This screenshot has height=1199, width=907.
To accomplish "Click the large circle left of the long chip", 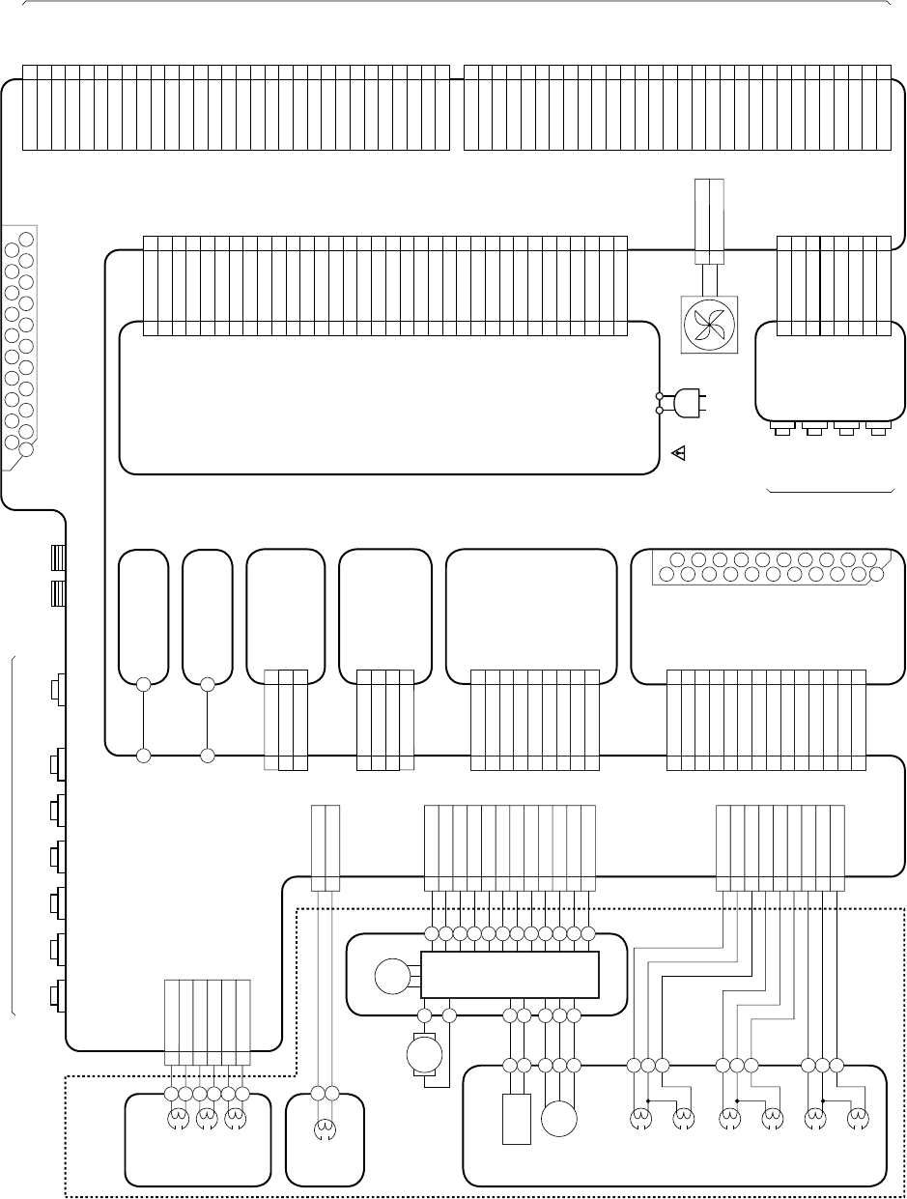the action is coord(391,976).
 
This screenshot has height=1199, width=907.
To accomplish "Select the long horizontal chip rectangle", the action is coord(509,975).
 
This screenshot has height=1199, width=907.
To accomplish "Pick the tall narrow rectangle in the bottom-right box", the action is coord(517,1119).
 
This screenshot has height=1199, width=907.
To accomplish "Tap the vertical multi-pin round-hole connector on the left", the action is coord(19,344).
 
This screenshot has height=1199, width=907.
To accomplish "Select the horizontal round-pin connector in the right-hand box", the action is coord(772,567).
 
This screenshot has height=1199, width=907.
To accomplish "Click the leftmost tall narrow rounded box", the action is coord(143,616).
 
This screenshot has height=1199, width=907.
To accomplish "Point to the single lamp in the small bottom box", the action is coord(326,1124).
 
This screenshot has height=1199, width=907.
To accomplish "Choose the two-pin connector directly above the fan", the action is coord(709,220).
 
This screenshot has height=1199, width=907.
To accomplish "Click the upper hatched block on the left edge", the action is coord(57,558).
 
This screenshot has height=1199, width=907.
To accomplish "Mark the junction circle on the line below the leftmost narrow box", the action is coord(143,755).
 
